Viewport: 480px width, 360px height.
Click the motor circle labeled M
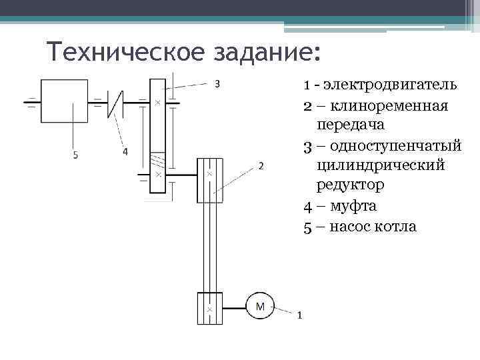click(x=260, y=307)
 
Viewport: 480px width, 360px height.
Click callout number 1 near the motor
click(x=299, y=316)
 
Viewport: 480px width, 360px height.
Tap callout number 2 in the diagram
click(x=261, y=166)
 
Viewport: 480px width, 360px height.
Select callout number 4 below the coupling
click(x=125, y=152)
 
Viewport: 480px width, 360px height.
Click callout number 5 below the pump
click(x=75, y=155)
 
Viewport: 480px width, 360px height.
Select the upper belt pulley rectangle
click(x=209, y=180)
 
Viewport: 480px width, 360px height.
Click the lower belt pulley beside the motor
click(x=209, y=309)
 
